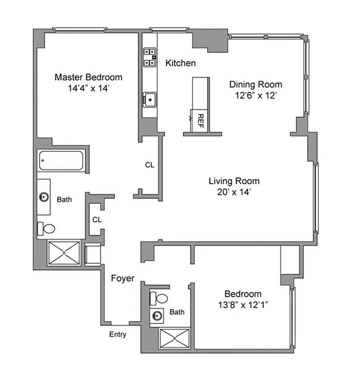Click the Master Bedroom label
pos(88,77)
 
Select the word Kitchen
pos(180,63)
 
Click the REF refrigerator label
pos(200,120)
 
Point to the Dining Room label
pos(256,84)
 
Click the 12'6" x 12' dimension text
pos(256,96)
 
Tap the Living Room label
pos(234,181)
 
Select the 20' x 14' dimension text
pos(234,193)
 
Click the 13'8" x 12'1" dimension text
pos(243,306)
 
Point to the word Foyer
pos(122,278)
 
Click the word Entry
pos(118,335)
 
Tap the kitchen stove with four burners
pos(149,57)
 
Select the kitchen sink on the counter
pos(149,99)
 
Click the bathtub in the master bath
pos(61,160)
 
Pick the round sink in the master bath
pos(44,197)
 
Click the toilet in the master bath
pos(47,228)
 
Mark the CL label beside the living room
pos(149,165)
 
